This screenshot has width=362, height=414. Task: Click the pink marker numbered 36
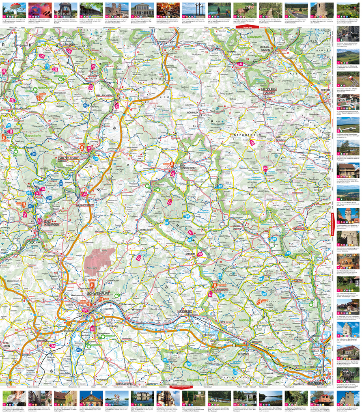click(117, 106)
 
